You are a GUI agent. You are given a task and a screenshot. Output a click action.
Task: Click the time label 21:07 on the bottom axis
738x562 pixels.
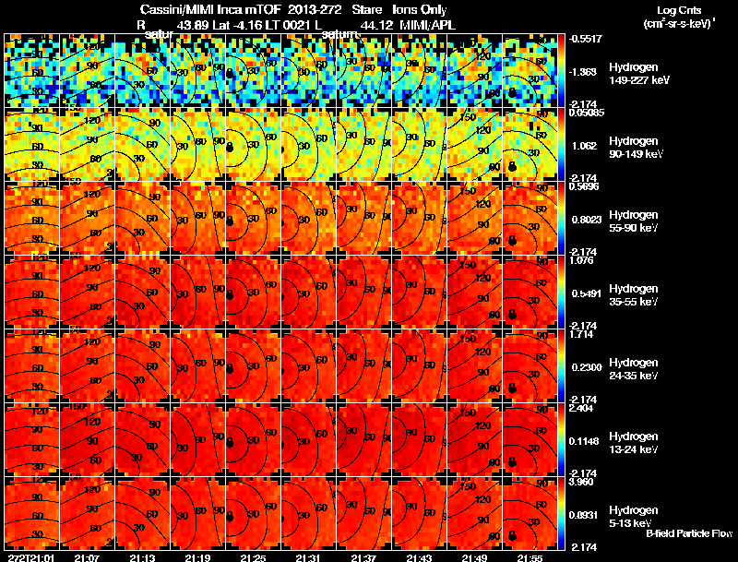click(x=88, y=557)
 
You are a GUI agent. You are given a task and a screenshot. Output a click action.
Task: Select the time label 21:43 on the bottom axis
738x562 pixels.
click(x=420, y=557)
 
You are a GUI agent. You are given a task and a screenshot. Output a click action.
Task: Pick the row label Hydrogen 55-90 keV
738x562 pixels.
click(x=636, y=221)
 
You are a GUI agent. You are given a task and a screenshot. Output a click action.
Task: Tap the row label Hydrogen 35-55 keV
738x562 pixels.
click(x=636, y=295)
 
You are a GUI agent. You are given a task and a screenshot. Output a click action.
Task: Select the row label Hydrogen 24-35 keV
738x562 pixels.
click(x=636, y=369)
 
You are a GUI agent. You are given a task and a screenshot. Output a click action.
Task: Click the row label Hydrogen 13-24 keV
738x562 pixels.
click(x=636, y=443)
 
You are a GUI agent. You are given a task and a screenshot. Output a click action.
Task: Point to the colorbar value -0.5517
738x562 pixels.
click(x=587, y=39)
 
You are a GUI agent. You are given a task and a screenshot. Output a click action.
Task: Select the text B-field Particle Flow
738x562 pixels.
click(x=689, y=533)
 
